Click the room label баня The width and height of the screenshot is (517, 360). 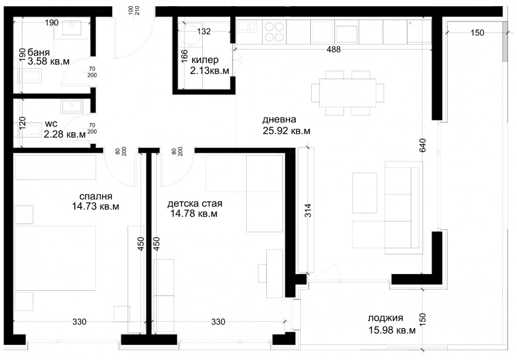pyautogui.click(x=39, y=52)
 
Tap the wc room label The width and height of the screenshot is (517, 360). pyautogui.click(x=51, y=124)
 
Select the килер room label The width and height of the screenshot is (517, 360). pyautogui.click(x=205, y=60)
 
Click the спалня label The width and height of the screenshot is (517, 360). pyautogui.click(x=96, y=197)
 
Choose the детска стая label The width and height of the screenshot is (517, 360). pyautogui.click(x=194, y=204)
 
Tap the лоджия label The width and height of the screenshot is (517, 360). pyautogui.click(x=386, y=318)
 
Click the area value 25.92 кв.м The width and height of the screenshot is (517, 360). pyautogui.click(x=286, y=131)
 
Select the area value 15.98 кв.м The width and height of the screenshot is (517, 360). pyautogui.click(x=392, y=330)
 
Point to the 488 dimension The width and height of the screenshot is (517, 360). pyautogui.click(x=333, y=50)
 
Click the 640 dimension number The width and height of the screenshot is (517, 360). pyautogui.click(x=423, y=145)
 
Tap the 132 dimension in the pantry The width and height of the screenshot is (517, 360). pyautogui.click(x=204, y=32)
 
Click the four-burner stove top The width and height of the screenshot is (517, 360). pyautogui.click(x=275, y=32)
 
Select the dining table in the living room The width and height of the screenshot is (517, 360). pyautogui.click(x=347, y=93)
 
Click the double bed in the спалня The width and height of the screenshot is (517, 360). pyautogui.click(x=55, y=259)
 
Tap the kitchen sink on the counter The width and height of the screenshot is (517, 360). pyautogui.click(x=246, y=26)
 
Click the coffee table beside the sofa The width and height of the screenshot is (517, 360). pyautogui.click(x=364, y=193)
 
